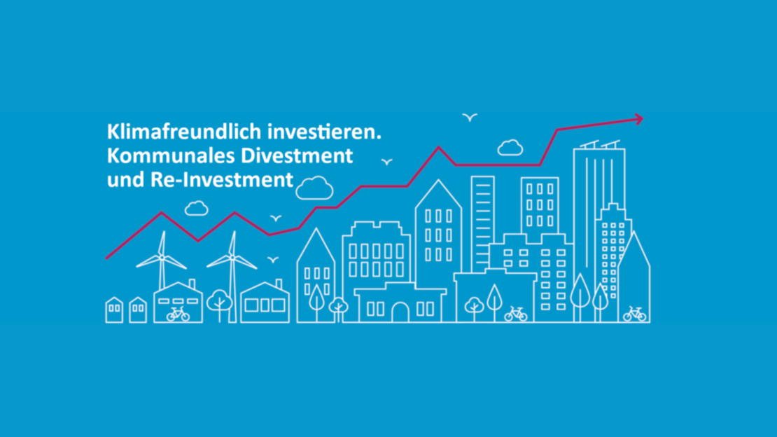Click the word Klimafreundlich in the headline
184,132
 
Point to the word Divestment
297,155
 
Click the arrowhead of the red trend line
638,119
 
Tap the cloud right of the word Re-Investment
315,188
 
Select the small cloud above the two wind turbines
196,208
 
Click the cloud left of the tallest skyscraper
510,148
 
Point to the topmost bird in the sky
470,117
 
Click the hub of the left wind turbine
162,257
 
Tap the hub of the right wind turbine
232,257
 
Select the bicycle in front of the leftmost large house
178,314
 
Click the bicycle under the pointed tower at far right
635,314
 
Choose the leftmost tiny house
115,310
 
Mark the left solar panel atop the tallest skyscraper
589,145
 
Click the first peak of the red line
162,213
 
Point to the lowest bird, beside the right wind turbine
273,259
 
